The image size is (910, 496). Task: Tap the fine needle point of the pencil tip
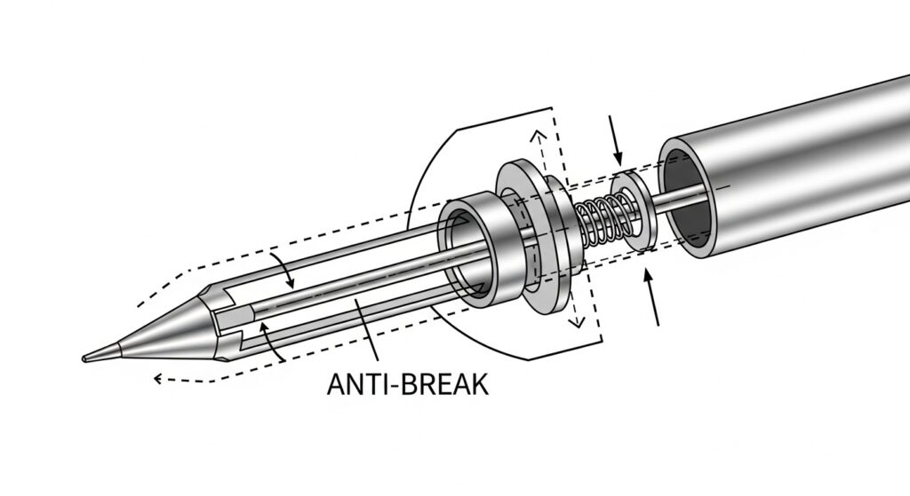tap(86, 358)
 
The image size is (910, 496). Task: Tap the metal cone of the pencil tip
tap(160, 333)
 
